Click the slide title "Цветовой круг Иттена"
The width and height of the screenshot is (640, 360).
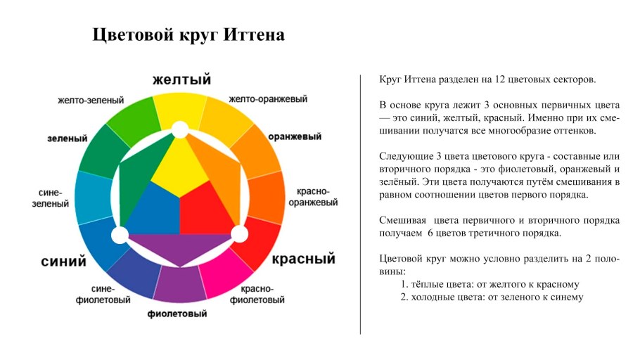(188, 35)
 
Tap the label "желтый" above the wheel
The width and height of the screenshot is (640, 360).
(182, 79)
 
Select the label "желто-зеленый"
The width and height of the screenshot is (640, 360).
(91, 101)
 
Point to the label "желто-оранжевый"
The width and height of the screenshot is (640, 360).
(268, 99)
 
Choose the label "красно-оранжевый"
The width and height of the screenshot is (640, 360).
(312, 197)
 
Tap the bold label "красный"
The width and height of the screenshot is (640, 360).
(303, 259)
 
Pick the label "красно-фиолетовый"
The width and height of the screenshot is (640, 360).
(262, 295)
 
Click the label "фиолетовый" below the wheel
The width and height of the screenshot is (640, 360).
(177, 314)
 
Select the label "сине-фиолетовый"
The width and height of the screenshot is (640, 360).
(102, 295)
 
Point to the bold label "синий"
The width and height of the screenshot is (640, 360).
(63, 262)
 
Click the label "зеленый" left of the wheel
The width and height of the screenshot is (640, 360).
(63, 138)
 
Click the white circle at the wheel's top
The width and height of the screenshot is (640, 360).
(181, 129)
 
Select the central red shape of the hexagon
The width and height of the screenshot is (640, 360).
(207, 211)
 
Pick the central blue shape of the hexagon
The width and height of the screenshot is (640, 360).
(153, 211)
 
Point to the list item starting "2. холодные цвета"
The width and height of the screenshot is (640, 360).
(492, 297)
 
